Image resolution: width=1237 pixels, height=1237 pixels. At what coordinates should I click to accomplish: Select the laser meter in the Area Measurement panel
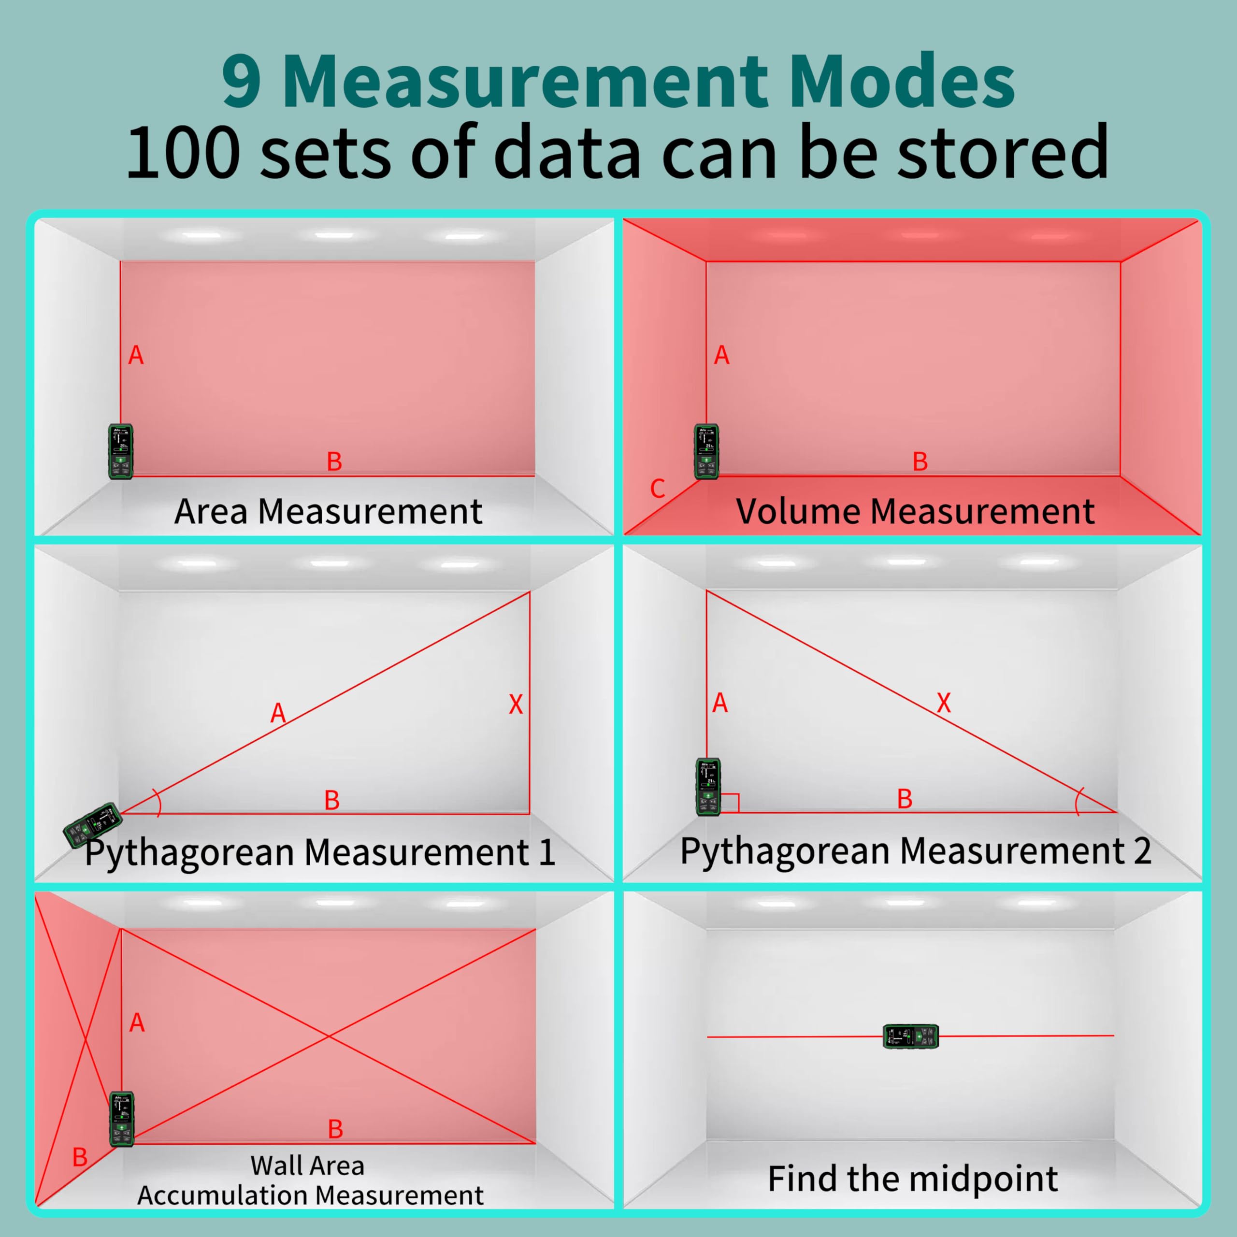pos(120,451)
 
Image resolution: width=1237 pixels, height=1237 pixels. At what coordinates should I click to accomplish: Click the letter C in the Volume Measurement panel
pos(658,489)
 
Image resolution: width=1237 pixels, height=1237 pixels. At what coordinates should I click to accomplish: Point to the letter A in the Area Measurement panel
pos(136,355)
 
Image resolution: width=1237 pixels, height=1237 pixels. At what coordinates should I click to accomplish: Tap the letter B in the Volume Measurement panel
pos(920,461)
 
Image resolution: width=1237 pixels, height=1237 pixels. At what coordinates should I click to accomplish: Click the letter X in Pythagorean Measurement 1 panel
pos(516,705)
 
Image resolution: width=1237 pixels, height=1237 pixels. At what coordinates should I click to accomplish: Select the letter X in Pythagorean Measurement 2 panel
pos(944,703)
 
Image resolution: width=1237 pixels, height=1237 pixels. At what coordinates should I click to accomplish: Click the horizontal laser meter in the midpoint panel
pos(910,1036)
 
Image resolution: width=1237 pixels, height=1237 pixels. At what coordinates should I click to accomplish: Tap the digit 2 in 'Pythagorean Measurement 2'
pos(1142,851)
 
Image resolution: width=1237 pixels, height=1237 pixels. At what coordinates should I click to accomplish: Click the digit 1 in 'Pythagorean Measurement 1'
pos(546,853)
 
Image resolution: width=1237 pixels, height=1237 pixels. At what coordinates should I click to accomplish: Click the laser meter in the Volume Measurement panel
pos(706,451)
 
